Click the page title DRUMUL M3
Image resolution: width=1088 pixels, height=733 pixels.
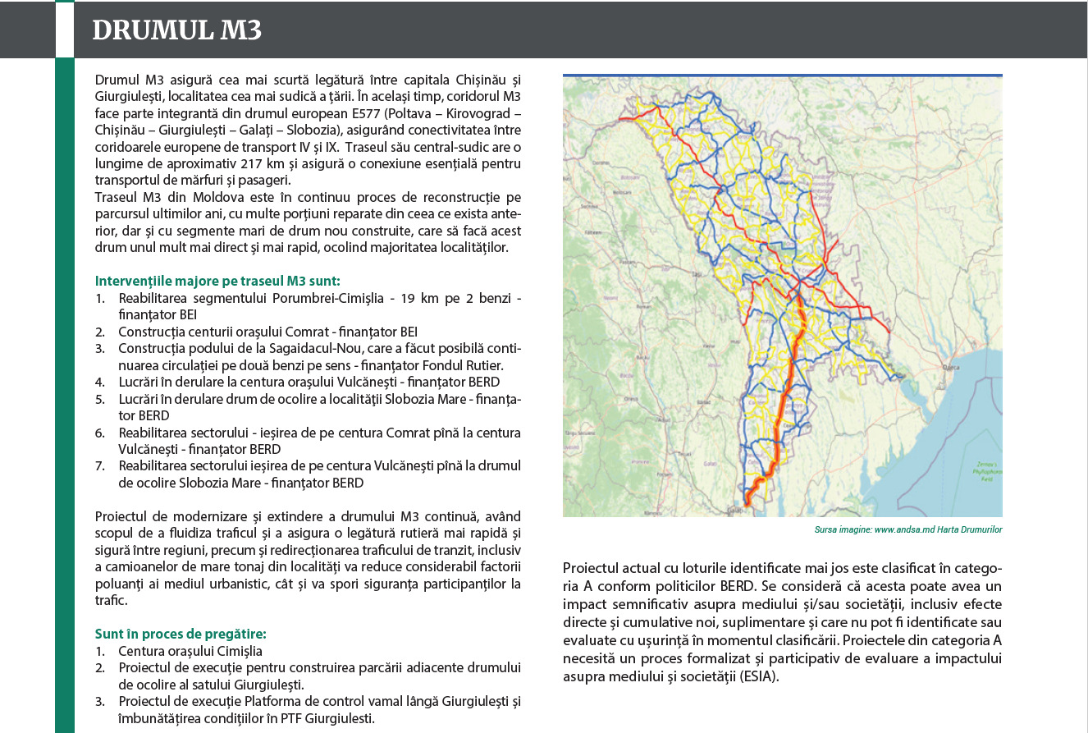pyautogui.click(x=176, y=30)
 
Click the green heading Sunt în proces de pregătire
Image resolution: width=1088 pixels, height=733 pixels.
pyautogui.click(x=181, y=633)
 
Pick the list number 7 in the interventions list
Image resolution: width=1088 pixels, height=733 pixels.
pyautogui.click(x=99, y=466)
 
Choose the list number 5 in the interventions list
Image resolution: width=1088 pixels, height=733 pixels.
pyautogui.click(x=99, y=399)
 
